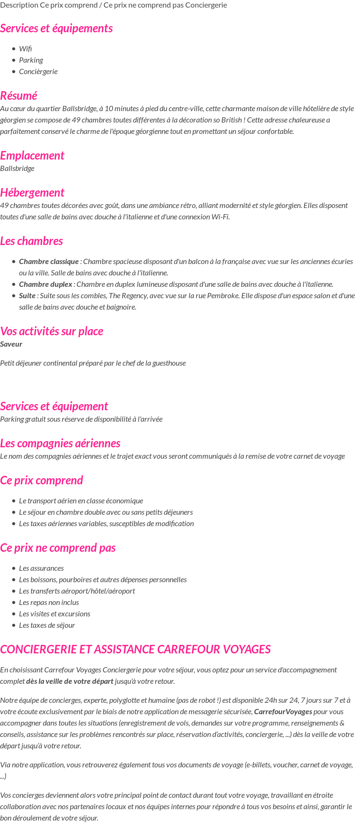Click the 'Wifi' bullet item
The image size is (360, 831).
click(26, 48)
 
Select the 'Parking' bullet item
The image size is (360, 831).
click(31, 60)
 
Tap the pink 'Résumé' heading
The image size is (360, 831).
click(19, 95)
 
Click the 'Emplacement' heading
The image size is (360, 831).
click(32, 155)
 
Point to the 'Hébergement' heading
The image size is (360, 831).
click(32, 192)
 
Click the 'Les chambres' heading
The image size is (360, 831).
click(31, 241)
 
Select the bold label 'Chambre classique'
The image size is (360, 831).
click(48, 261)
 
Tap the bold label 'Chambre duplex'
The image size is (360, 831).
click(46, 284)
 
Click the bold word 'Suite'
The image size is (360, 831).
click(27, 295)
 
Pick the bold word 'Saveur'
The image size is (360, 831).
click(11, 344)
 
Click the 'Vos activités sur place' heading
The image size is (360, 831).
click(51, 331)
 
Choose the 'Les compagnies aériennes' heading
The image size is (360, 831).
click(60, 443)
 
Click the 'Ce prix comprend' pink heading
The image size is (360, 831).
click(41, 480)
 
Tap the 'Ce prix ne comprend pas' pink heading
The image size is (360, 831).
click(57, 548)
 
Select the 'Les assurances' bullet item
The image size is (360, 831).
click(41, 568)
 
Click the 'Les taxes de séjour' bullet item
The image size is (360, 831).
click(47, 625)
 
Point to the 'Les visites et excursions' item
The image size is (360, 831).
click(55, 614)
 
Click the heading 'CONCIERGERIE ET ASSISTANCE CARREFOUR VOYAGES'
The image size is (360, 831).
click(135, 649)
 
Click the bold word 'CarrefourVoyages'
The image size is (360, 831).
click(283, 711)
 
